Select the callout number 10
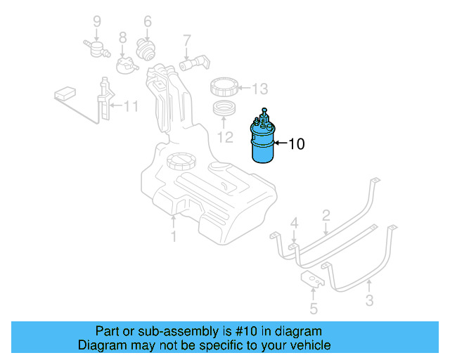click(296, 145)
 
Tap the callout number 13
click(260, 89)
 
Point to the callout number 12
click(224, 136)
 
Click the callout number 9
click(98, 22)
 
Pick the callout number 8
click(122, 38)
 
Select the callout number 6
click(148, 22)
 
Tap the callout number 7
click(187, 39)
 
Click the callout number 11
click(131, 107)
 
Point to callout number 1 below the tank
click(173, 236)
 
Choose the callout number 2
click(326, 214)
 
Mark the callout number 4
click(295, 224)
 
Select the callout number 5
click(314, 308)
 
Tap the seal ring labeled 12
click(225, 110)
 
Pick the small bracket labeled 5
click(314, 281)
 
